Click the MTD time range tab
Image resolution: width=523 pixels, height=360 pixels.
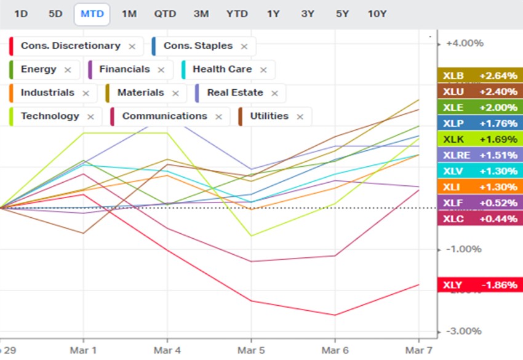(92, 14)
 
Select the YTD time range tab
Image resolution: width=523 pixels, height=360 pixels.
(237, 14)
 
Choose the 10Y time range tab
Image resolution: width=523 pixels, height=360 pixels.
(377, 14)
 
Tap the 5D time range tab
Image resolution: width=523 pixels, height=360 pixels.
(55, 14)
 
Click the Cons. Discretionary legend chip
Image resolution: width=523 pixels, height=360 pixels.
(70, 46)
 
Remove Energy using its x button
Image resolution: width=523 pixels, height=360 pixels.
(68, 70)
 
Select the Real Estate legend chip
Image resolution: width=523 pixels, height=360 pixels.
(234, 93)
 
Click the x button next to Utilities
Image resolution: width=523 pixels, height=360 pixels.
(300, 117)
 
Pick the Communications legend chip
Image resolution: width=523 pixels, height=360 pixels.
(164, 116)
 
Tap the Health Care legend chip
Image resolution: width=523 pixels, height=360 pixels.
(222, 70)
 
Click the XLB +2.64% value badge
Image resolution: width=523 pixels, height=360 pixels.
(479, 76)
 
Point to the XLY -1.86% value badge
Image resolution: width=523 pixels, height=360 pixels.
(479, 285)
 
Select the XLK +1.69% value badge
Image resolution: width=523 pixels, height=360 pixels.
(479, 138)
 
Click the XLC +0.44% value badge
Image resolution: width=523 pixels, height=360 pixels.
(479, 218)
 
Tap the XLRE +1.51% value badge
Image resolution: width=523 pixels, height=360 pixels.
(479, 154)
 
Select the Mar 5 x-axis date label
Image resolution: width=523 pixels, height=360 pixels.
(251, 350)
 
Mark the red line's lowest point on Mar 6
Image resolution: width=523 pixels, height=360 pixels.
(335, 315)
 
